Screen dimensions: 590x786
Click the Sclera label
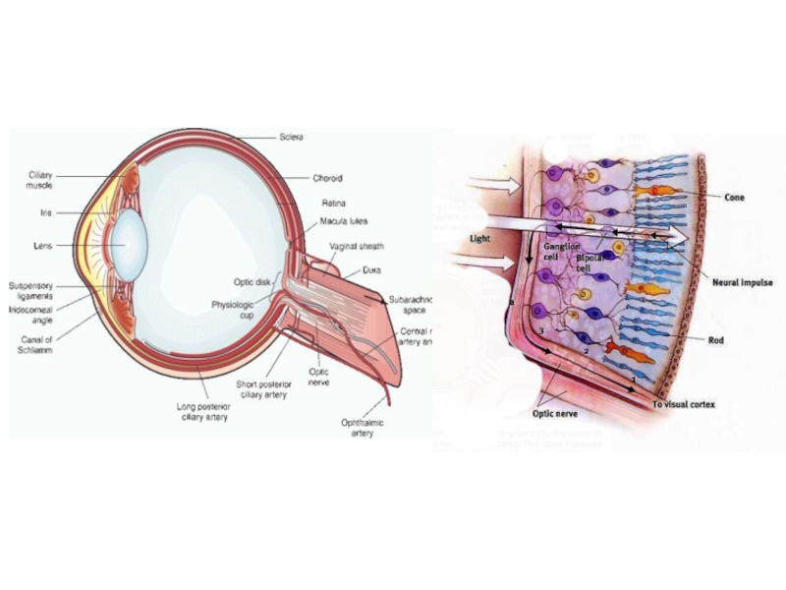tap(291, 137)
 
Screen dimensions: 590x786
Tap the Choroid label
tap(327, 179)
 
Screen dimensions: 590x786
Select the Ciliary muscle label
tap(40, 180)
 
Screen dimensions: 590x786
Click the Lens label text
tap(42, 245)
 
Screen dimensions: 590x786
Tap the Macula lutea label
tap(342, 222)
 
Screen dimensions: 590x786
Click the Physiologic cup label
tap(233, 311)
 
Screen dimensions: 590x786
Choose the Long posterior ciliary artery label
tap(205, 411)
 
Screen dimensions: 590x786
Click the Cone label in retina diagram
tap(734, 198)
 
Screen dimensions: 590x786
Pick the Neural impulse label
tap(743, 282)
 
